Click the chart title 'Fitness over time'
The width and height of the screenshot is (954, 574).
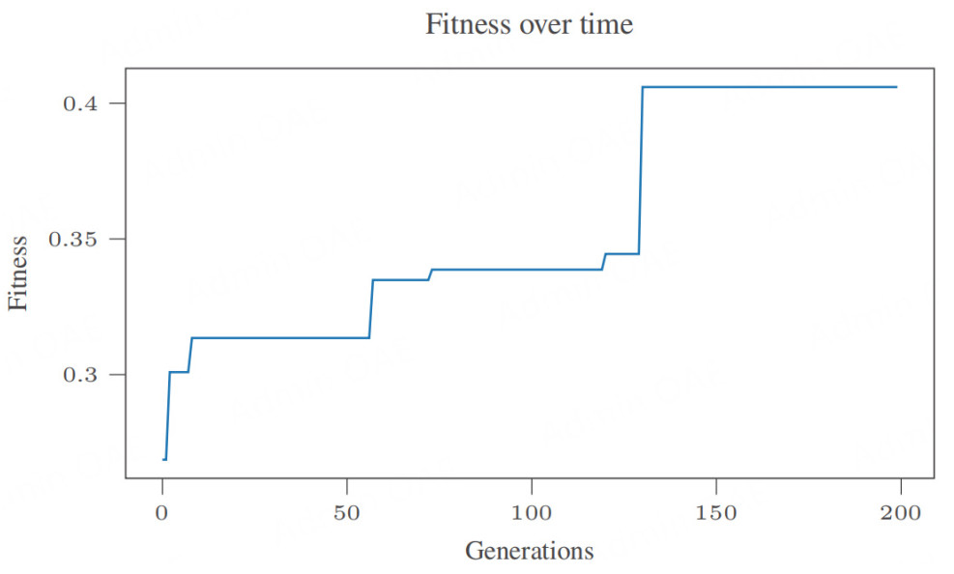529,24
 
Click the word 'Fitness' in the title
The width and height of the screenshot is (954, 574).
469,24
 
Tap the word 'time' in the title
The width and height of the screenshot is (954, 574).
605,24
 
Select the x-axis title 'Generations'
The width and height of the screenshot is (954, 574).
529,551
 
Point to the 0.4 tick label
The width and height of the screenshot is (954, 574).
81,103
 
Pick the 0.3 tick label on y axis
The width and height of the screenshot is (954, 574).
81,375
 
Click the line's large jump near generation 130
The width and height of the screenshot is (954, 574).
641,170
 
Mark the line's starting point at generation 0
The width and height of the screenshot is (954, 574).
164,459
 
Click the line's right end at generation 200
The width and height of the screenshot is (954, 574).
896,87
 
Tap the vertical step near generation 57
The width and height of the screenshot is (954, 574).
371,309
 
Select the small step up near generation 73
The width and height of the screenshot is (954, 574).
430,274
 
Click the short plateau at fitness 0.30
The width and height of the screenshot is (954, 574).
179,371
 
